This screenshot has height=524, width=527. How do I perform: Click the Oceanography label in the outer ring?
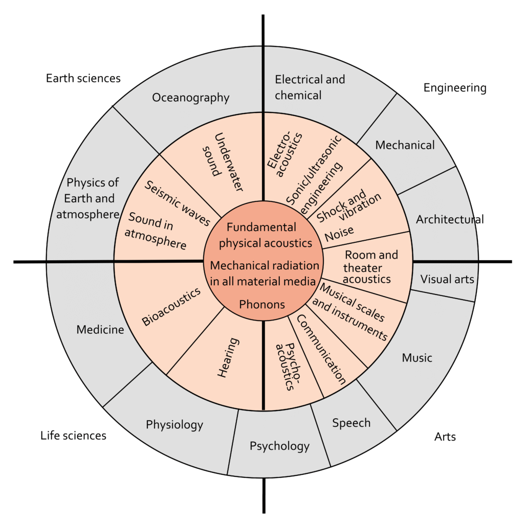tap(190, 98)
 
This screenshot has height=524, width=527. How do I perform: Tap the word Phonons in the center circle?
tap(262, 304)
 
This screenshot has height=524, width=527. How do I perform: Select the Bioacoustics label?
tap(171, 307)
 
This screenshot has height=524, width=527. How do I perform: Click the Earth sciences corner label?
tap(83, 78)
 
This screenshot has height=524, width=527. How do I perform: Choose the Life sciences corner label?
tap(73, 436)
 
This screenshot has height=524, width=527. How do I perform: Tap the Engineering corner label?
tap(455, 88)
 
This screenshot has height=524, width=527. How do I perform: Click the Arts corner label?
tap(445, 437)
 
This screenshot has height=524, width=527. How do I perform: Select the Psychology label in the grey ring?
tap(279, 446)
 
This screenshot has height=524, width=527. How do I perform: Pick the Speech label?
tap(351, 423)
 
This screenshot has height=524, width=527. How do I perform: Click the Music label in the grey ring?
tap(417, 357)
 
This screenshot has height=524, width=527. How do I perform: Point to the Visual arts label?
tap(447, 279)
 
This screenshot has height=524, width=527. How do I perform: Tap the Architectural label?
tap(449, 219)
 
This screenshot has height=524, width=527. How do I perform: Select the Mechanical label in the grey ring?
tap(405, 145)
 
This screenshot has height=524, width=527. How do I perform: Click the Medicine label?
tap(100, 330)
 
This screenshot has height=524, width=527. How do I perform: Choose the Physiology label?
tap(174, 424)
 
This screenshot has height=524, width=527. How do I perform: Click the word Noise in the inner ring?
tap(339, 233)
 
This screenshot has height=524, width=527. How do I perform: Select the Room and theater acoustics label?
tap(370, 267)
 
